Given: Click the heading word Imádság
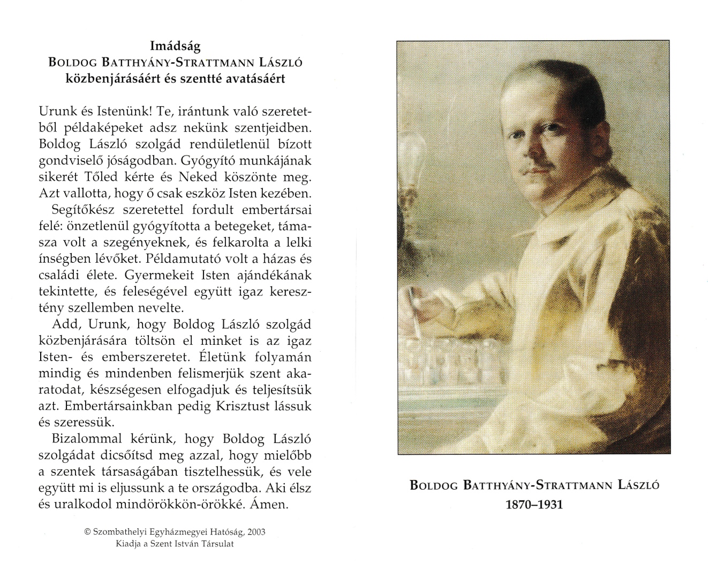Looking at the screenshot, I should click(175, 46).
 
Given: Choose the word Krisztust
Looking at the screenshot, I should click(240, 405).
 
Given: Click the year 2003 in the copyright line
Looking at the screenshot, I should click(255, 533).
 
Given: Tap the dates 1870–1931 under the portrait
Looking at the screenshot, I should click(534, 505).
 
